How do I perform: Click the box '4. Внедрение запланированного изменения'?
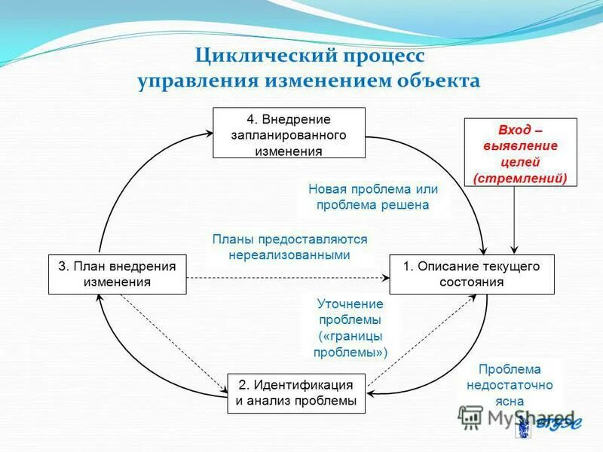[289, 133]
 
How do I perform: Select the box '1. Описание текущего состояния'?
[471, 274]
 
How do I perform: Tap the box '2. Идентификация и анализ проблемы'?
[296, 392]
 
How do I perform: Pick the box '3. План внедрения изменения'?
[117, 274]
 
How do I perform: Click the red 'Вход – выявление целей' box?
[520, 152]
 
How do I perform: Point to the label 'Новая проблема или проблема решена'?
[372, 197]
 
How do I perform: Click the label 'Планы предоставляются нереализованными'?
[289, 247]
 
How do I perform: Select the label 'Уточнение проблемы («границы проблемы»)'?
[350, 328]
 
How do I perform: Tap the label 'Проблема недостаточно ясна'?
[509, 384]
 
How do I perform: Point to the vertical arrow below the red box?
[514, 218]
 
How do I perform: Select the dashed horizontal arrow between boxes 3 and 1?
[286, 279]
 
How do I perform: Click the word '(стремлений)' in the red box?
[520, 178]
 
